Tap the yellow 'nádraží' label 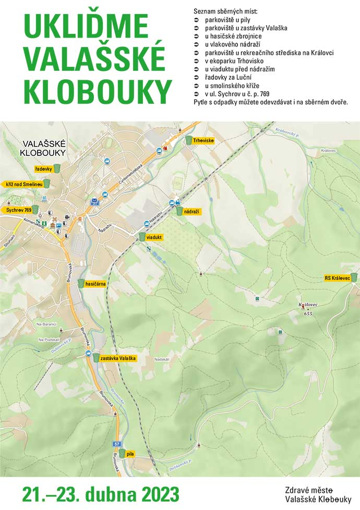pos(192,212)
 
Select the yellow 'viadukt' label pos(155,237)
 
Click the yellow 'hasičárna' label pos(95,284)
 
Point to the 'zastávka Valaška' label pos(118,358)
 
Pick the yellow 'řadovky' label pos(43,169)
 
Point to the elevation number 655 pos(307,313)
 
